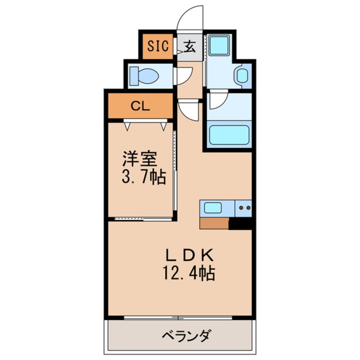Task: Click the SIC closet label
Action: tap(158, 46)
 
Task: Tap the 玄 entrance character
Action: tap(190, 46)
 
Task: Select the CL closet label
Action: tap(140, 106)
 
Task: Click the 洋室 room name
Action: tap(140, 159)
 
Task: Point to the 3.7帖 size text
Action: tap(144, 177)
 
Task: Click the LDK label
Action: tap(190, 255)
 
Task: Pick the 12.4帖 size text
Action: tap(189, 273)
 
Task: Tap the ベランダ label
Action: tap(186, 336)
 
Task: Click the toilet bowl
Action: tap(144, 76)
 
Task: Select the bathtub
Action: tap(229, 135)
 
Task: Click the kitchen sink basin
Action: tap(213, 208)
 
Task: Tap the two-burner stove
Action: tap(243, 208)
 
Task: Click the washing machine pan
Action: tap(220, 45)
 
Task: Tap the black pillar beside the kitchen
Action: tap(240, 223)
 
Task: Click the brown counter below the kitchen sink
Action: tap(214, 223)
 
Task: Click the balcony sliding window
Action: tap(178, 318)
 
